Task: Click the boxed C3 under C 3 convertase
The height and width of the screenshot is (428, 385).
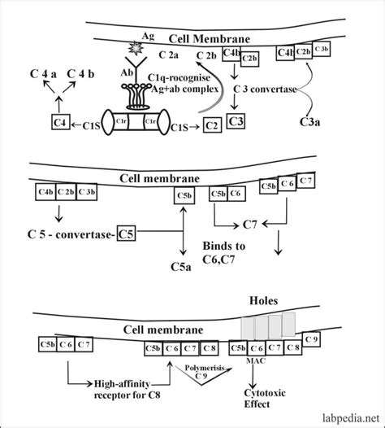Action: tap(236, 122)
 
